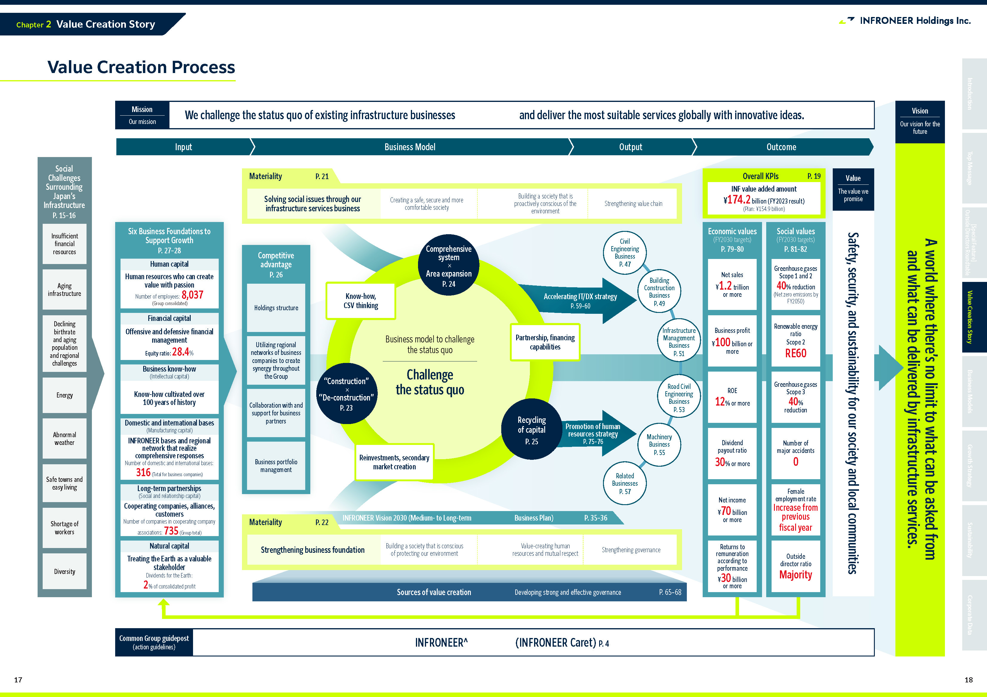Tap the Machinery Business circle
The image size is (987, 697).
pos(659,444)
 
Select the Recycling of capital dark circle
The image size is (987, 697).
pos(532,430)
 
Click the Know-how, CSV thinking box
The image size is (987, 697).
pos(361,301)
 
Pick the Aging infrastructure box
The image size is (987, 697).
pos(64,289)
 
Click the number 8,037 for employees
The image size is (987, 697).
pos(192,295)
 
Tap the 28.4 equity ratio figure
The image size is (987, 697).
pos(181,352)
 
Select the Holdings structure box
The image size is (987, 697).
pos(276,308)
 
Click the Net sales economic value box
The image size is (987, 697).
pos(732,284)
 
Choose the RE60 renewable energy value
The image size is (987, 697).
pos(796,353)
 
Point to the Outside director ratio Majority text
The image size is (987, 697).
pos(796,575)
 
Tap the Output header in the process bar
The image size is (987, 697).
pos(631,147)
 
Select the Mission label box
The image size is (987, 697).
pos(142,115)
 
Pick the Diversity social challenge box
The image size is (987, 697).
pos(64,572)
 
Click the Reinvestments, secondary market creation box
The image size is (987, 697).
pos(394,462)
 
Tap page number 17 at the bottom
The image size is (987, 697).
pos(18,680)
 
